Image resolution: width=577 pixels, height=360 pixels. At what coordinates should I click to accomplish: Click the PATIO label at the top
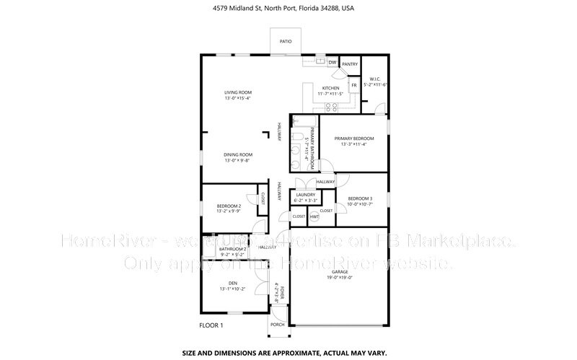point(286,42)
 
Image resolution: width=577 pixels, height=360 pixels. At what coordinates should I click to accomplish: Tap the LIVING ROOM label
point(237,92)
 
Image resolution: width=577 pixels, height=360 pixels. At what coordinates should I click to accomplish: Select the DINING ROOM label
point(237,154)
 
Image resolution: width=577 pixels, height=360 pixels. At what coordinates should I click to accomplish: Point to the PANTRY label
point(350,64)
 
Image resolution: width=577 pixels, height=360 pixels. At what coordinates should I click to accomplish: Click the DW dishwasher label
point(332,63)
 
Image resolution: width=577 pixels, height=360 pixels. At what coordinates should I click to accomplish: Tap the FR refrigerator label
point(353,85)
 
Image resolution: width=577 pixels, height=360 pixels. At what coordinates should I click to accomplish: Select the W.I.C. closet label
point(374,79)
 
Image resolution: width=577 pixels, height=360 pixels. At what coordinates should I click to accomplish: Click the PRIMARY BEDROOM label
point(354,138)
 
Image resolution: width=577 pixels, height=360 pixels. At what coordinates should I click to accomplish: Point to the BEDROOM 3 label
point(360,198)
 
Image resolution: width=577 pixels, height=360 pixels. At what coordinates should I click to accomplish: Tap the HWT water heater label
point(314,216)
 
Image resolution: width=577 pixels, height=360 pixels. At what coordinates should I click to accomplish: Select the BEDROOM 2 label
point(229,207)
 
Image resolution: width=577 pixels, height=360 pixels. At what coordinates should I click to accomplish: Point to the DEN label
point(232,283)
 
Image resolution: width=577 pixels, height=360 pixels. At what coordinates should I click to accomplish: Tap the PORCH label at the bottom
point(278,324)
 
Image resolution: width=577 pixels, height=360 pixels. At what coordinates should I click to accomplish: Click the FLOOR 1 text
point(212,325)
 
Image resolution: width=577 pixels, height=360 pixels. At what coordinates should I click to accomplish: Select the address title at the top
point(288,9)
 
